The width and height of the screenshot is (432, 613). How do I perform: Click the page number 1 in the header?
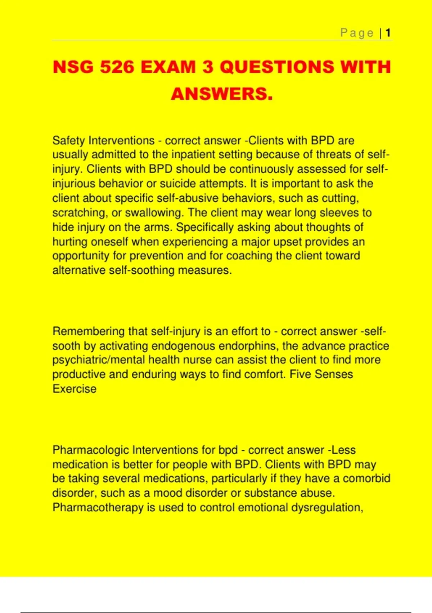(388, 33)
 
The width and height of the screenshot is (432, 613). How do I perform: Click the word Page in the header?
(357, 33)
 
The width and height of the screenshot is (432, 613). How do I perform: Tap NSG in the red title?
(73, 67)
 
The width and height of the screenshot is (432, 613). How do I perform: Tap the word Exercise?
(74, 389)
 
